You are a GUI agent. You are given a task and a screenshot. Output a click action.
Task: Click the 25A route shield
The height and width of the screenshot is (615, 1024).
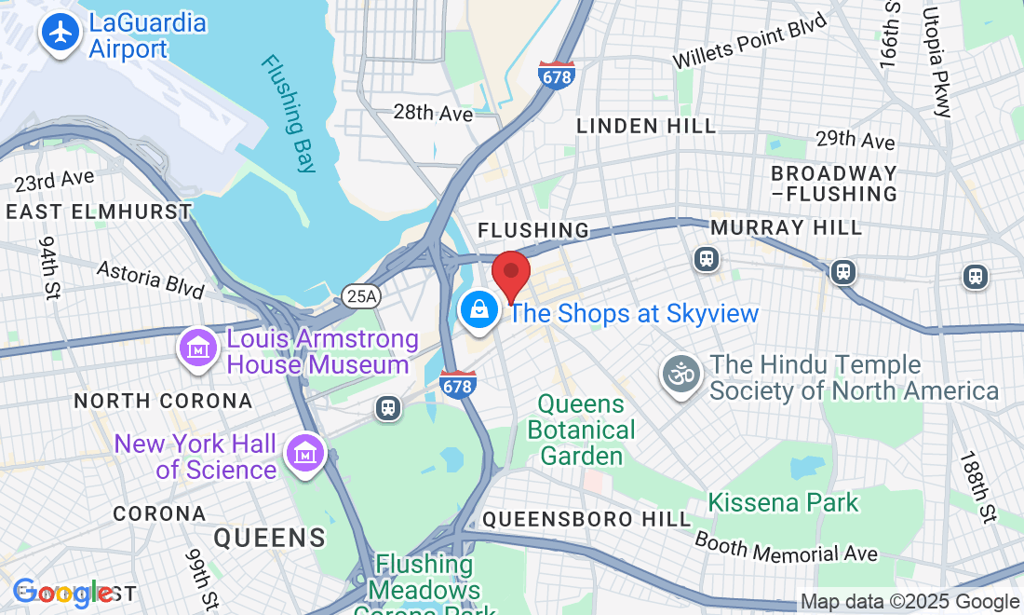click(360, 296)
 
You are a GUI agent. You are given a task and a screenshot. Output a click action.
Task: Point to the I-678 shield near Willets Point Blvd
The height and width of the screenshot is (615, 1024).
click(556, 75)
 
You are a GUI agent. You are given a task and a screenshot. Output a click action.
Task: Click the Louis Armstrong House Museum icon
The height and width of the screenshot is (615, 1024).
click(198, 350)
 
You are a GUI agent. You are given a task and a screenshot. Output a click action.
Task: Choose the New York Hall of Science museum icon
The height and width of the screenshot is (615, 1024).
click(305, 453)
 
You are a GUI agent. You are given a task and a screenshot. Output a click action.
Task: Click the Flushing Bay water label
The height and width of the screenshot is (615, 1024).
click(289, 114)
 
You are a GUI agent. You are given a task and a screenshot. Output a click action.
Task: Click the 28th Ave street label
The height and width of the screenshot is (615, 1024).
click(432, 114)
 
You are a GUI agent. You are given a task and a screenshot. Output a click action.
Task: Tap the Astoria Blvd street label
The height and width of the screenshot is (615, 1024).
click(151, 279)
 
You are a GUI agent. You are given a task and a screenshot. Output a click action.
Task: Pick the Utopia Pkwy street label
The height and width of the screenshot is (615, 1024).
click(936, 61)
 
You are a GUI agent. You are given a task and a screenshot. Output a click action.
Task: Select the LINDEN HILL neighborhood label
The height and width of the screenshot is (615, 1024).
click(646, 126)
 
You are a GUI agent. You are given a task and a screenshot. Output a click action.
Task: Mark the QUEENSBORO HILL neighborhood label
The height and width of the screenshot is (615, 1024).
click(586, 519)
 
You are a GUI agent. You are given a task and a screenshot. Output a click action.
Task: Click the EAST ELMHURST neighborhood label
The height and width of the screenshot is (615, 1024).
click(98, 212)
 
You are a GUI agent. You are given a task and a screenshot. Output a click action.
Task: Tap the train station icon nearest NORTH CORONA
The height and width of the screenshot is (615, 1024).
click(388, 408)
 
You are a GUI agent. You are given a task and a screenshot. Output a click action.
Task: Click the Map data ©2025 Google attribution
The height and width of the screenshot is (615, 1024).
click(909, 602)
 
